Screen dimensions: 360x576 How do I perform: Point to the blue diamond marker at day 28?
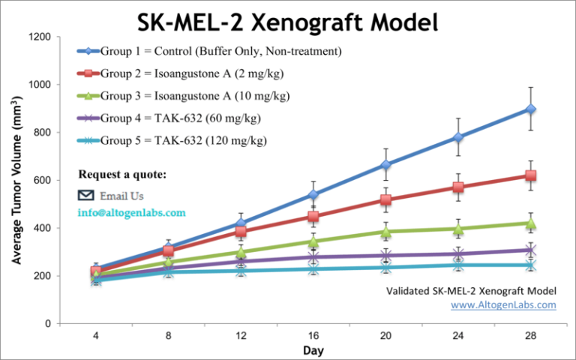tap(531, 109)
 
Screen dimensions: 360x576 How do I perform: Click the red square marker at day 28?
tap(531, 175)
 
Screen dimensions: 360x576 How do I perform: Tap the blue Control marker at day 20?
tap(386, 165)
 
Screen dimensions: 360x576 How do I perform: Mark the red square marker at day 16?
tap(313, 217)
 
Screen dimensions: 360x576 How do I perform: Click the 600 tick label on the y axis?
tap(43, 180)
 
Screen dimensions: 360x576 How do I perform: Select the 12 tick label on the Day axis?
tap(241, 336)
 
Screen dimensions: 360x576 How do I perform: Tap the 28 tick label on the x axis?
tap(531, 336)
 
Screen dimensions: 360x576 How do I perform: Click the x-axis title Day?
tap(313, 351)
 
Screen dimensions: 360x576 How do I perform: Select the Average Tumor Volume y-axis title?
tap(16, 180)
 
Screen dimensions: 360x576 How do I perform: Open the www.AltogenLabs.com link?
tap(503, 304)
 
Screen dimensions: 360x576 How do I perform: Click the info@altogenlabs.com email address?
tap(131, 212)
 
